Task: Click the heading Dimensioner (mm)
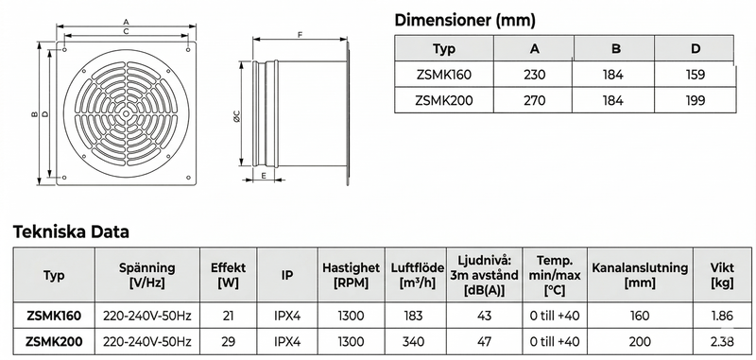click(465, 20)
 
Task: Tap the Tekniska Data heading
click(71, 231)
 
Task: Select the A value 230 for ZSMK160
click(534, 75)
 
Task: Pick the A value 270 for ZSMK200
click(534, 100)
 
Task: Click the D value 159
click(695, 75)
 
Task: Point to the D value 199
click(695, 100)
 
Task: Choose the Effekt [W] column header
click(228, 275)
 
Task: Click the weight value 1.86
click(722, 316)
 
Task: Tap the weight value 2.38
click(722, 341)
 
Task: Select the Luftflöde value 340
click(414, 341)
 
